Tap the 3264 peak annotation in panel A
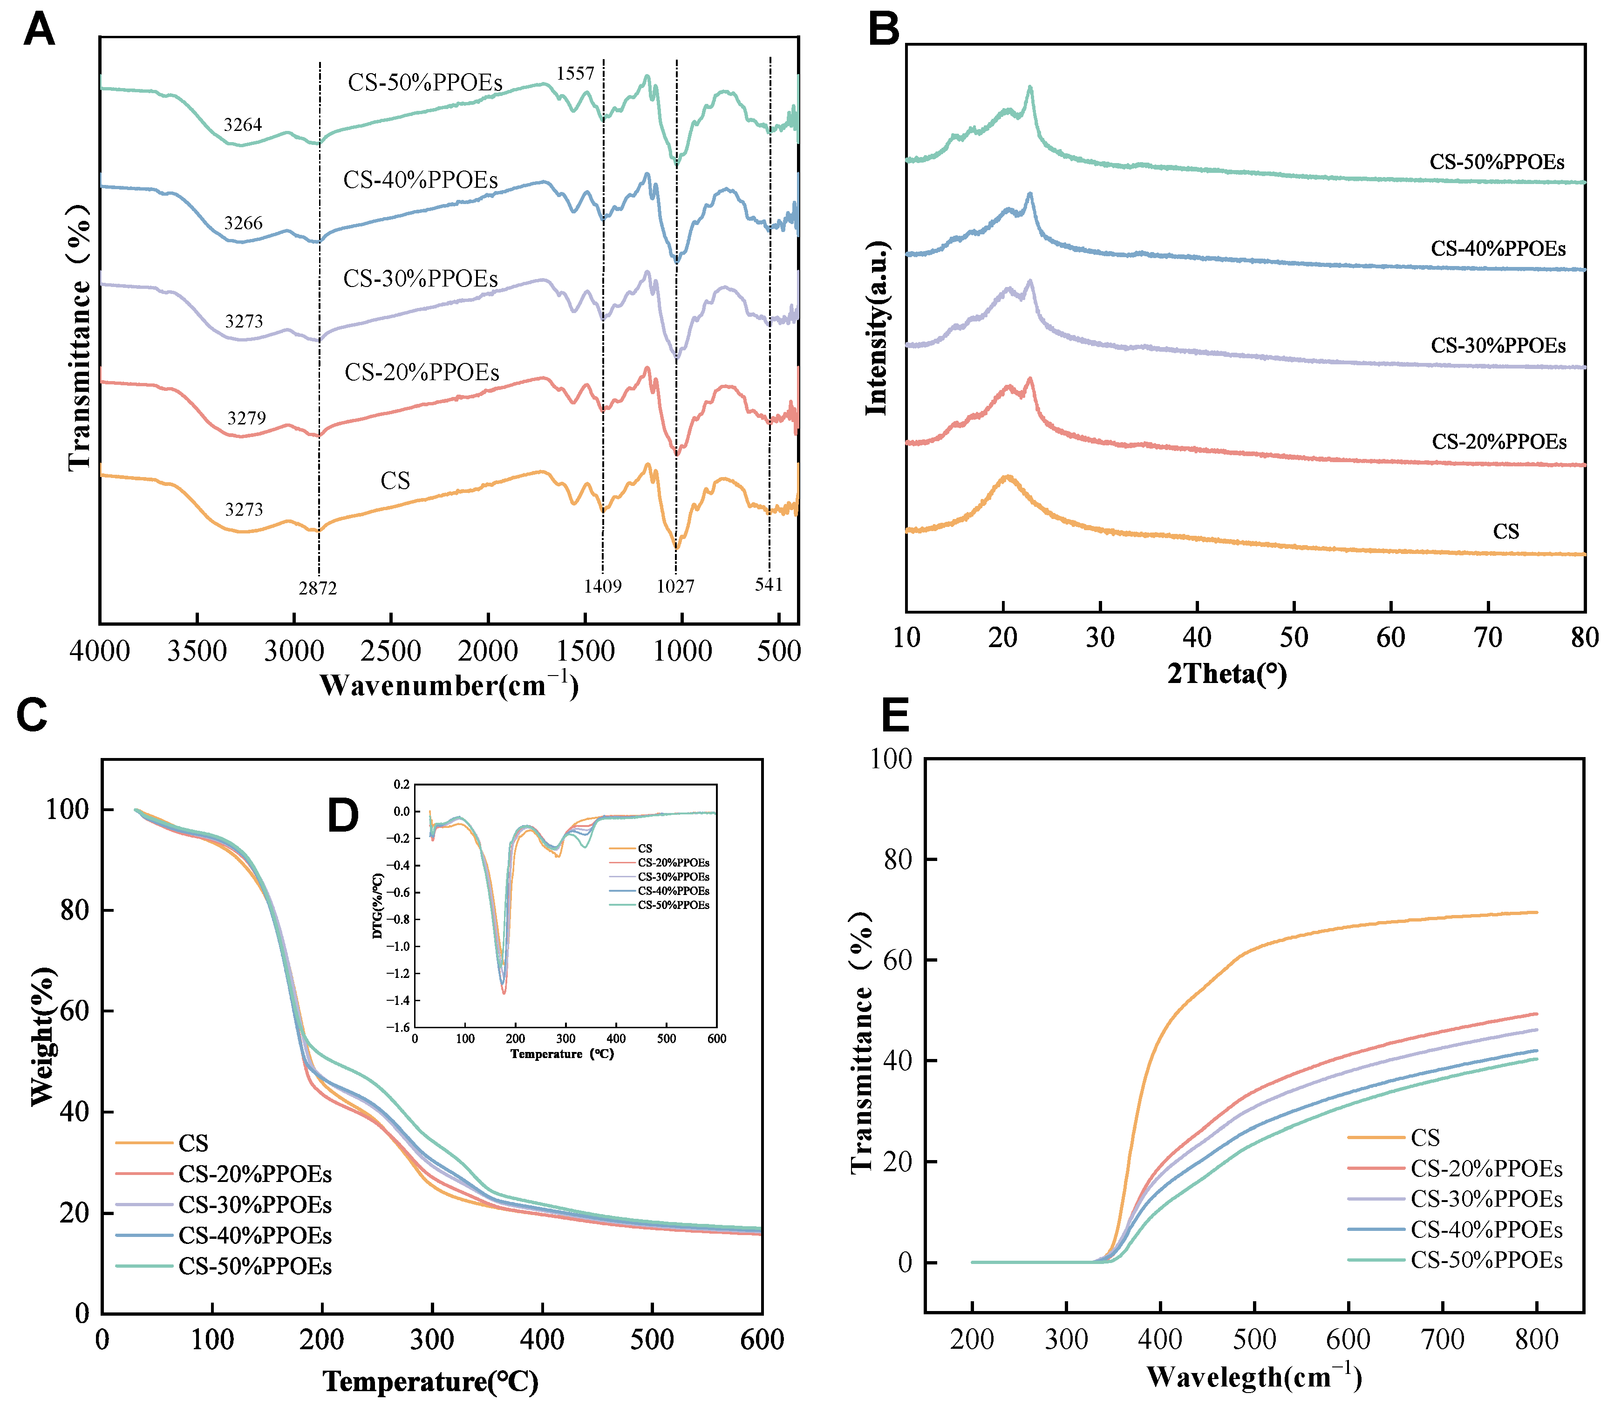pyautogui.click(x=243, y=125)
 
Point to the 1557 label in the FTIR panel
pyautogui.click(x=575, y=74)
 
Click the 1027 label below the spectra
pyautogui.click(x=675, y=586)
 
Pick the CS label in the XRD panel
pyautogui.click(x=1505, y=532)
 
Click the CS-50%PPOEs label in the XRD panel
pyautogui.click(x=1496, y=162)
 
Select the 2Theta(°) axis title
pyautogui.click(x=1227, y=674)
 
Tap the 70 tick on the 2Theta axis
pyautogui.click(x=1488, y=637)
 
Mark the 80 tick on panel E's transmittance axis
pyautogui.click(x=898, y=860)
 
